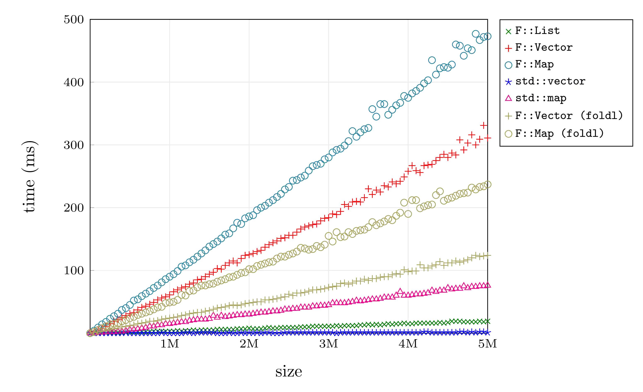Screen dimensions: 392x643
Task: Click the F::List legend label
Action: coord(537,31)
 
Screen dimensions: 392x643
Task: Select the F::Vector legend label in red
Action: coord(544,48)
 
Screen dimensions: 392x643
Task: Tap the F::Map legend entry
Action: coord(534,64)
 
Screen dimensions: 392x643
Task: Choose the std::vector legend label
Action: coord(550,82)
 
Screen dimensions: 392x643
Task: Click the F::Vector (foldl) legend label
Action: coord(569,116)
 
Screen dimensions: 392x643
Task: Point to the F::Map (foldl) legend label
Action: coord(559,133)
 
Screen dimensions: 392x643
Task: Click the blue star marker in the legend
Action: coord(508,82)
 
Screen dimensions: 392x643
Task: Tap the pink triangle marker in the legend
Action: coord(508,98)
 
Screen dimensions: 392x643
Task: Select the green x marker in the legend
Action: coord(508,31)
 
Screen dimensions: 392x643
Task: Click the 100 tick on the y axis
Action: coord(74,270)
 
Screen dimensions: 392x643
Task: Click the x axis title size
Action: coord(288,372)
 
